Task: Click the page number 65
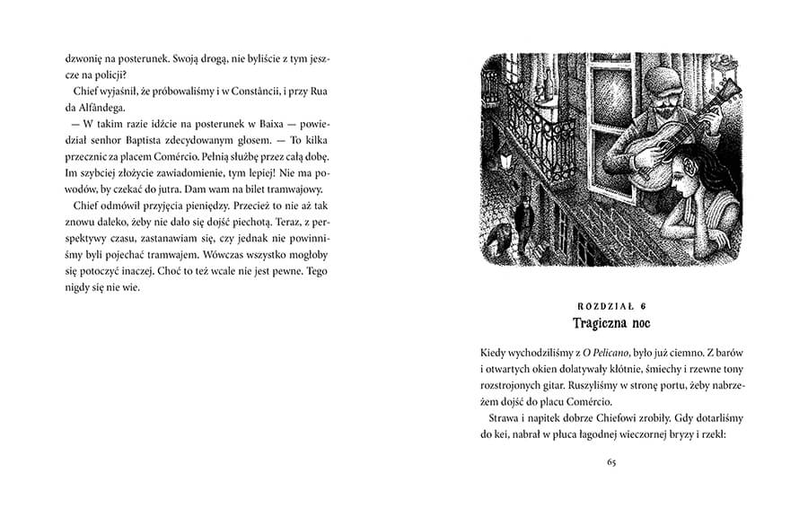tap(610, 462)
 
